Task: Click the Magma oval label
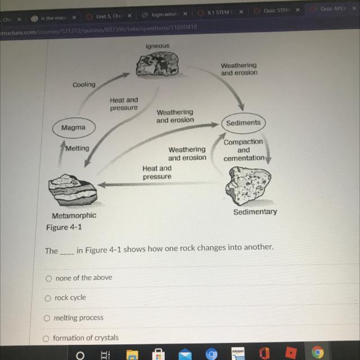point(73,128)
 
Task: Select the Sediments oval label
point(243,123)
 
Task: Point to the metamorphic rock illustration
point(71,190)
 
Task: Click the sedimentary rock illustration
point(250,186)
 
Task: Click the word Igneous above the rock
point(157,45)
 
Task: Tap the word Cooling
point(84,84)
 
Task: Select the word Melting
point(77,148)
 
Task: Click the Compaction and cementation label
point(244,150)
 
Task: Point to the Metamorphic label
point(74,215)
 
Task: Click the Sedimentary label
point(255,211)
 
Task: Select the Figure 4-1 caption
point(64,228)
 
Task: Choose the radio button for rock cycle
point(49,298)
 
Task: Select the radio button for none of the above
point(49,278)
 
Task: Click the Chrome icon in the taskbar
point(318,353)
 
